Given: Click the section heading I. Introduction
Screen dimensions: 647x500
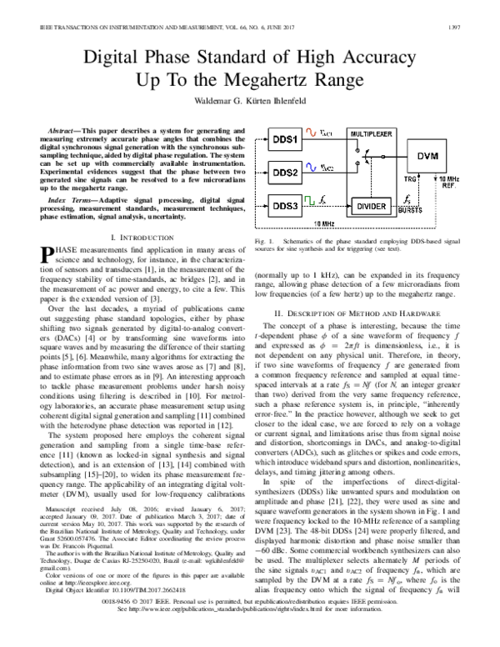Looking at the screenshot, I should tap(134, 238).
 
